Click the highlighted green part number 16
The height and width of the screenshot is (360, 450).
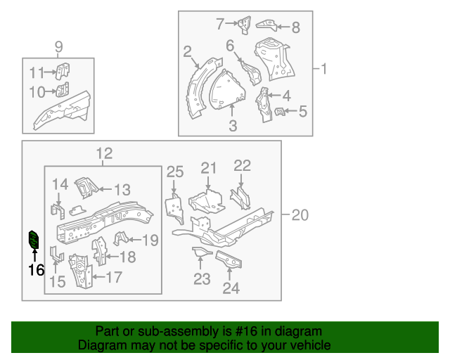[x=33, y=240]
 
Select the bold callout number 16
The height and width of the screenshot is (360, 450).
[x=36, y=269]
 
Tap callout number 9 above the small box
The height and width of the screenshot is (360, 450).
[x=59, y=47]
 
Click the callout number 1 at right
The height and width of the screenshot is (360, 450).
[x=324, y=69]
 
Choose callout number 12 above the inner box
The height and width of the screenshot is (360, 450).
[x=103, y=154]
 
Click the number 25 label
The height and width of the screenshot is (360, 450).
[x=174, y=172]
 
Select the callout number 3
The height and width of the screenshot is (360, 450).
[x=233, y=126]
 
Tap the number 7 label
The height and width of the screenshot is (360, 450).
[x=219, y=24]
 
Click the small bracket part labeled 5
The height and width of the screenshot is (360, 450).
[x=279, y=111]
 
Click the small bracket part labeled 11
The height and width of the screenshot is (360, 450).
[x=63, y=71]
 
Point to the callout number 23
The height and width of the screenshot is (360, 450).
[x=202, y=279]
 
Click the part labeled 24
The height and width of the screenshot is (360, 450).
[x=229, y=259]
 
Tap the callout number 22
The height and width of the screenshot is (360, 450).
[x=242, y=166]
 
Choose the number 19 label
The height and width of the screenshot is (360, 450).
[x=150, y=240]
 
